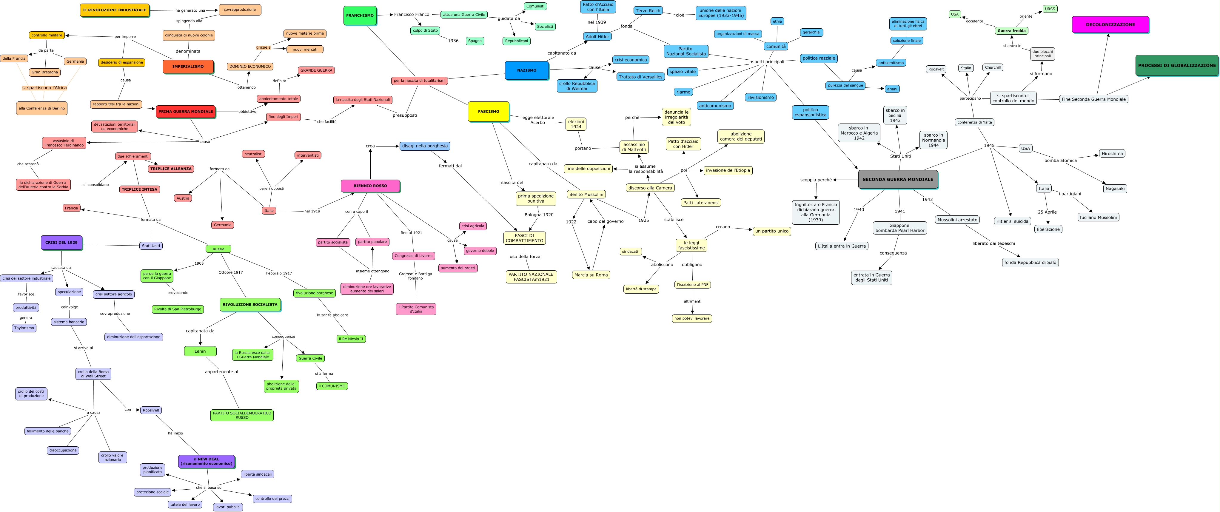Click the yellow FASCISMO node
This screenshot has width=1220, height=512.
click(x=488, y=111)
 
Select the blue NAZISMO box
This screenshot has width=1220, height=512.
click(x=527, y=70)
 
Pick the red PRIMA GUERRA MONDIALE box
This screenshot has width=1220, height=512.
click(x=186, y=111)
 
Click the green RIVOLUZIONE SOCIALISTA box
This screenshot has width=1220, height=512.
click(x=250, y=305)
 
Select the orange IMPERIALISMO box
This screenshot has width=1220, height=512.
click(x=188, y=66)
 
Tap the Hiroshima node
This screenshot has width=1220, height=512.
click(x=1112, y=153)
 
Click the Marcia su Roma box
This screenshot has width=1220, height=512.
click(x=591, y=275)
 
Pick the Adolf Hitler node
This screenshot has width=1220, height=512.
click(x=597, y=36)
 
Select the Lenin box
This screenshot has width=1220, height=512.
click(x=200, y=351)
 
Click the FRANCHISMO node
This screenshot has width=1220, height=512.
click(x=360, y=15)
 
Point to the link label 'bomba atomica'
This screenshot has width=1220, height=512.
click(x=1060, y=161)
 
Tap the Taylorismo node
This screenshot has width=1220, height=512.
click(x=24, y=328)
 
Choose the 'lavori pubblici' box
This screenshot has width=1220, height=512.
click(x=228, y=507)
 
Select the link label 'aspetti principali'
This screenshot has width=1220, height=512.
click(x=767, y=61)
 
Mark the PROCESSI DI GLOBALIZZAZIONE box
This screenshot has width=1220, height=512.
click(x=1177, y=65)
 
